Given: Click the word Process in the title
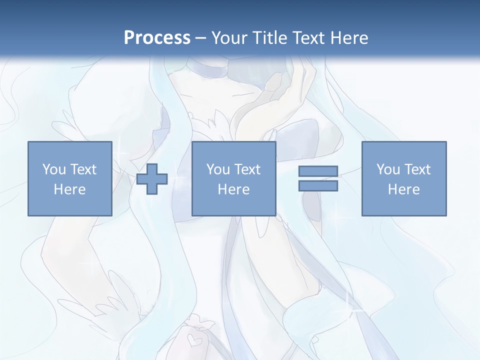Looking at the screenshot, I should (157, 38).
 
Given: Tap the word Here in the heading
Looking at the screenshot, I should (349, 38).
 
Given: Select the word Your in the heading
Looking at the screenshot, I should (227, 38).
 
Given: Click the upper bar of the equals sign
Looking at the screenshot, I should (318, 171).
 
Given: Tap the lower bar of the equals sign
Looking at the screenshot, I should (318, 185).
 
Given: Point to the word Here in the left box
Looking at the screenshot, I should (69, 189).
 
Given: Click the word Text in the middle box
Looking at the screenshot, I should (247, 169).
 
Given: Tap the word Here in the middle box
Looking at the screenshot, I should (233, 189).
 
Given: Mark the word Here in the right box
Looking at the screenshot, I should (403, 189).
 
